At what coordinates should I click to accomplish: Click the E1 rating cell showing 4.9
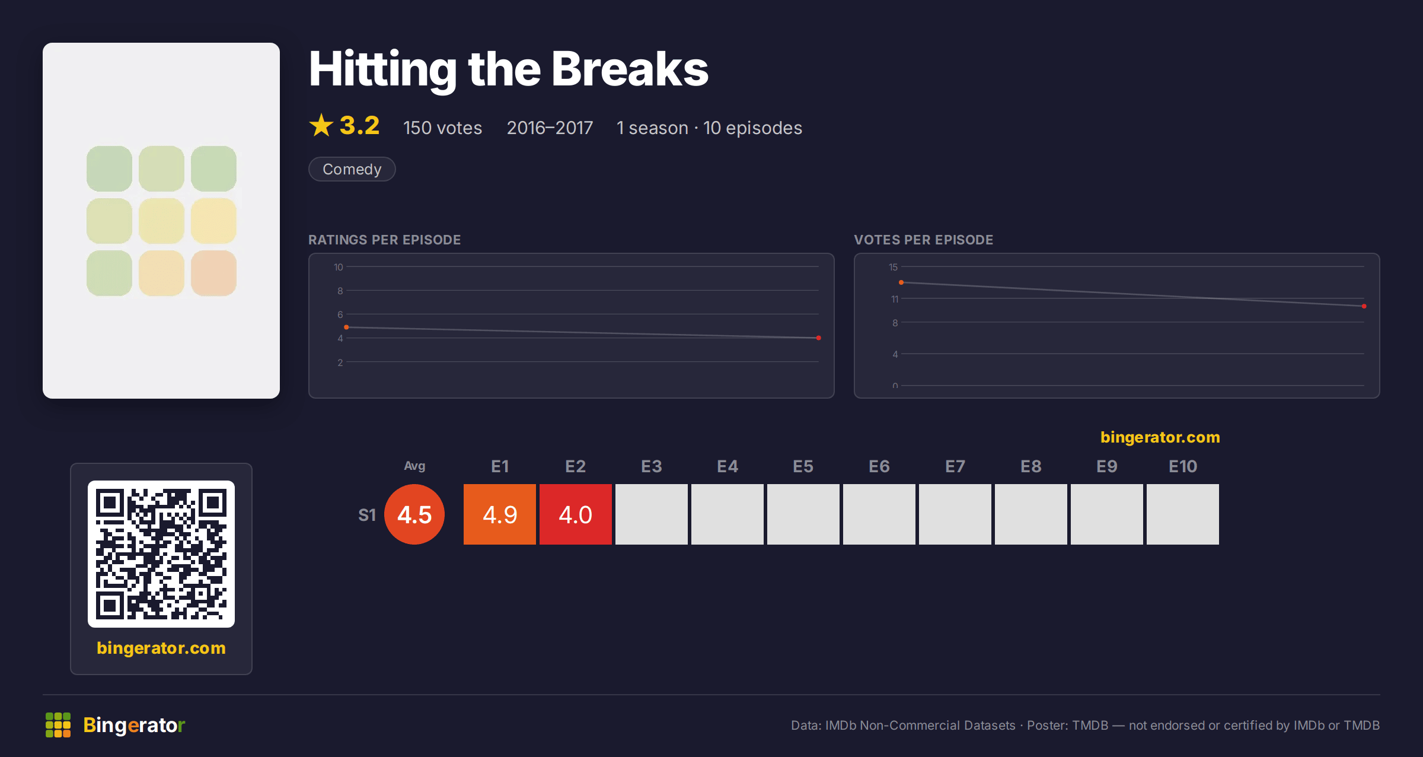click(x=500, y=514)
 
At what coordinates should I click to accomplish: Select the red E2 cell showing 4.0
click(x=576, y=514)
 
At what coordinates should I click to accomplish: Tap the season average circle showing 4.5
click(x=414, y=514)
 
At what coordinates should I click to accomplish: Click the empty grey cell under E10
click(x=1183, y=514)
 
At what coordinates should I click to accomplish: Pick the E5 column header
click(x=803, y=467)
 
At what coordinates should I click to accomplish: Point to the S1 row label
click(x=367, y=515)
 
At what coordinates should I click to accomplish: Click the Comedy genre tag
click(x=352, y=169)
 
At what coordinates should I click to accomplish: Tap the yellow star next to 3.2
click(x=321, y=125)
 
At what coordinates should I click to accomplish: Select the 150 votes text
click(x=443, y=128)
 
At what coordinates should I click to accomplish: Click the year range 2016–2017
click(x=550, y=128)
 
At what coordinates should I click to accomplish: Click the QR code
click(x=161, y=554)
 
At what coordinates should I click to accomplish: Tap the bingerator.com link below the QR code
click(x=161, y=648)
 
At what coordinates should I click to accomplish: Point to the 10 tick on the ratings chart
click(x=339, y=267)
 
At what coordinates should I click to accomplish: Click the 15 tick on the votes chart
click(x=894, y=267)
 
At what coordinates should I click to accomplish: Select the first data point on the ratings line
click(x=346, y=327)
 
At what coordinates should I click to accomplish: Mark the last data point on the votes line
click(x=1364, y=306)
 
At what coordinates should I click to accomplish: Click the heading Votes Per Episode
click(x=924, y=240)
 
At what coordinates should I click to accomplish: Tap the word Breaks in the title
click(x=630, y=69)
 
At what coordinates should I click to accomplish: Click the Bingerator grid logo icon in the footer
click(x=58, y=725)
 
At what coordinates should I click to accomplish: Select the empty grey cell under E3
click(x=652, y=514)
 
